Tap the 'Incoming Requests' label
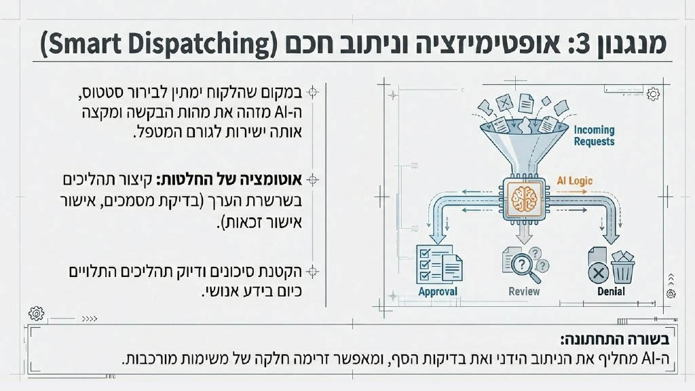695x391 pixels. pos(594,136)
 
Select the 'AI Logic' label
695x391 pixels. pos(574,181)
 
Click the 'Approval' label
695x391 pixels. pos(438,292)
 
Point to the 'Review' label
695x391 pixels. pos(524,291)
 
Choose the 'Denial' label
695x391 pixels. pos(611,291)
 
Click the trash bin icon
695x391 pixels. pos(623,267)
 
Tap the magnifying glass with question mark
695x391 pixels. pos(525,267)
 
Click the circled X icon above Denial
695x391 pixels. pos(598,273)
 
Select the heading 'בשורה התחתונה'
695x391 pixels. pos(615,339)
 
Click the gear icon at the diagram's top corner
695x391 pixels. pos(653,94)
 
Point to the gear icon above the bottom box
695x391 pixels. pos(37,314)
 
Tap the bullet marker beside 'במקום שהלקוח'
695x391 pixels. pos(313,92)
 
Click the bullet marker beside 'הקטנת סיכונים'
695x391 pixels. pos(312,272)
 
